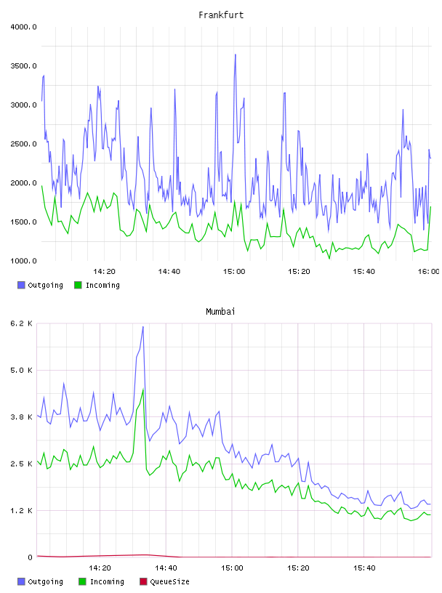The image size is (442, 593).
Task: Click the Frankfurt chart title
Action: pyautogui.click(x=221, y=15)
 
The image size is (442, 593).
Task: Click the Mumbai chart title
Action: pyautogui.click(x=220, y=312)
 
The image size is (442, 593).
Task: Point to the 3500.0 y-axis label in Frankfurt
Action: pyautogui.click(x=23, y=66)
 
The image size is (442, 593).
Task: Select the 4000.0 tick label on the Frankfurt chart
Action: pyautogui.click(x=23, y=27)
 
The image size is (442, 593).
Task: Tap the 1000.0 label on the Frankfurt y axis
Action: pyautogui.click(x=23, y=261)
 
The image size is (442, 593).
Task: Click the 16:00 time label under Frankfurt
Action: pyautogui.click(x=428, y=272)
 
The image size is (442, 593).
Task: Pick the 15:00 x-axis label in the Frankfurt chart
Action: pyautogui.click(x=234, y=272)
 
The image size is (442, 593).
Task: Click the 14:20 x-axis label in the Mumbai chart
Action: pyautogui.click(x=100, y=568)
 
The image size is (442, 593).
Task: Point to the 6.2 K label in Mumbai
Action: pyautogui.click(x=22, y=323)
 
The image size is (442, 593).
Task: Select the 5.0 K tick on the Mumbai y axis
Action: pyautogui.click(x=22, y=370)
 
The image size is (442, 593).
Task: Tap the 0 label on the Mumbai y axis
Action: pyautogui.click(x=30, y=557)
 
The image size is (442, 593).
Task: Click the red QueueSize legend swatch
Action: pyautogui.click(x=143, y=581)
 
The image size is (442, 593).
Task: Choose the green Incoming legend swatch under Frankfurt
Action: pyautogui.click(x=78, y=285)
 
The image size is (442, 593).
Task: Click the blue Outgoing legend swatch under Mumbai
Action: pyautogui.click(x=21, y=581)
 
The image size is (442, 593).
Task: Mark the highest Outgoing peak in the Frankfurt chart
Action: pyautogui.click(x=236, y=55)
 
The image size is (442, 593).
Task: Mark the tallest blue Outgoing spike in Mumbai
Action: pyautogui.click(x=143, y=326)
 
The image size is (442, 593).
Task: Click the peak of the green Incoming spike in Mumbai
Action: pyautogui.click(x=143, y=390)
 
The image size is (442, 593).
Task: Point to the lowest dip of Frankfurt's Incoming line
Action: pyautogui.click(x=329, y=259)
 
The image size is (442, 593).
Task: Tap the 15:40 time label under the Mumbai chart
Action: pyautogui.click(x=364, y=568)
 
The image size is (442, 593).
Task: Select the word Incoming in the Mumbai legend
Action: pyautogui.click(x=107, y=581)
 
